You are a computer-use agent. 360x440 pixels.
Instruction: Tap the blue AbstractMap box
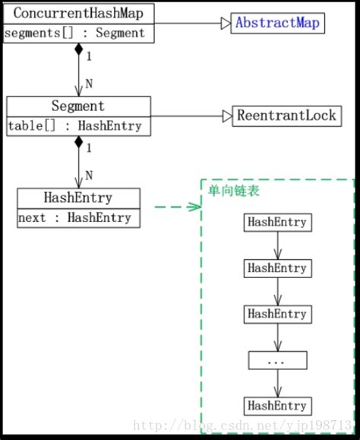pos(278,23)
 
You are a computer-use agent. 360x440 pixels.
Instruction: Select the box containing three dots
pos(277,360)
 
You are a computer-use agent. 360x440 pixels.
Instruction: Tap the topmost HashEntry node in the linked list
pos(277,222)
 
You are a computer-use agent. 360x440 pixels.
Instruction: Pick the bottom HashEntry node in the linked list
pos(277,405)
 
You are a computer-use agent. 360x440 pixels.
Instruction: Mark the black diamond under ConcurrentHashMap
pos(78,50)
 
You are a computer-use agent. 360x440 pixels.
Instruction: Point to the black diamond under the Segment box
pos(78,142)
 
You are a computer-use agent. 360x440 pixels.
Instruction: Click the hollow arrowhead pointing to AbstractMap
pos(225,24)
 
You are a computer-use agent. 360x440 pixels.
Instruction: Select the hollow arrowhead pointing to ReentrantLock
pos(226,116)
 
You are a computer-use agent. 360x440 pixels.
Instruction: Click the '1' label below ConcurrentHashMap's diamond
pos(88,55)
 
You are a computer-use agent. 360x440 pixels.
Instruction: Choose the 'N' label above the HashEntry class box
pos(89,176)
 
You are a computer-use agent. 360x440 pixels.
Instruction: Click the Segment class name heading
pos(78,106)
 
